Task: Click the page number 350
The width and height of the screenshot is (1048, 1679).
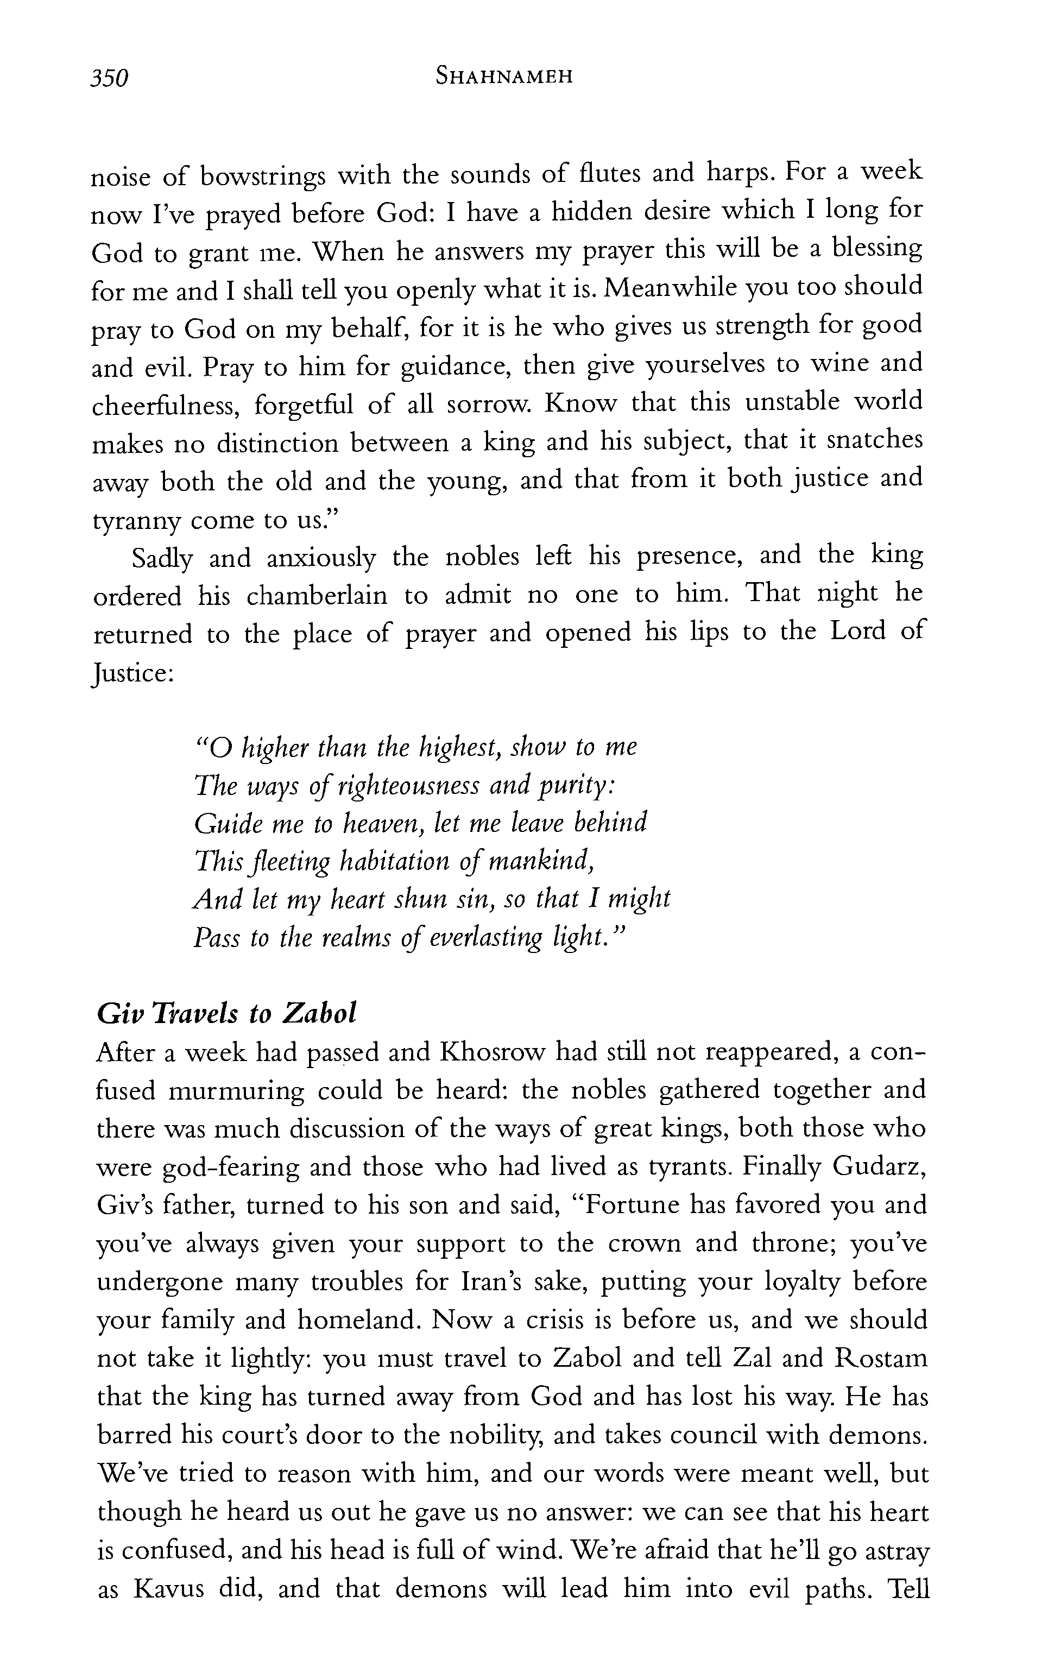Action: click(x=110, y=77)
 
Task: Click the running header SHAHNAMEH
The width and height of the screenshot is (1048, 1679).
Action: click(x=504, y=76)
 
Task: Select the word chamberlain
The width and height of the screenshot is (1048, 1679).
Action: click(x=316, y=596)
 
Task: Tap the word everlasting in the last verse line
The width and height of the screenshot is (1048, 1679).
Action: click(x=485, y=938)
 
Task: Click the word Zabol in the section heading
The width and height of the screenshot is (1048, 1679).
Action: click(x=319, y=1014)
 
